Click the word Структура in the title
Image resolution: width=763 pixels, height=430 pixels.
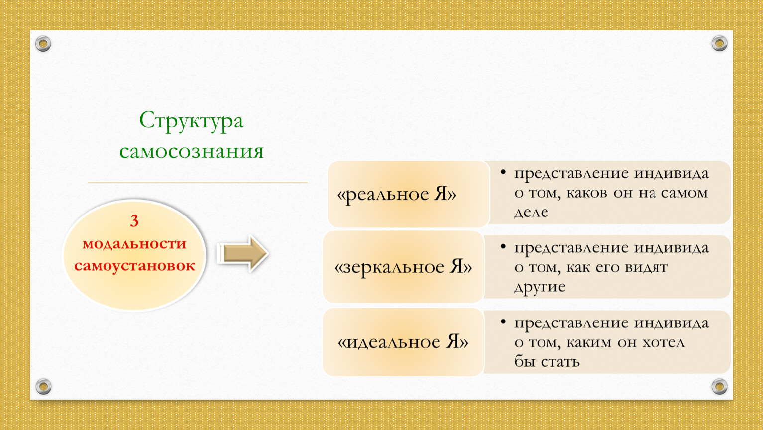191,121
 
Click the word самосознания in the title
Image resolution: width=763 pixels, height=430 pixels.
192,151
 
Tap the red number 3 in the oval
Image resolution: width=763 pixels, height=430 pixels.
134,221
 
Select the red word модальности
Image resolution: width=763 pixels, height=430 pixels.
134,244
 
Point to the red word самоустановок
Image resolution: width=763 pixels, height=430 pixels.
134,266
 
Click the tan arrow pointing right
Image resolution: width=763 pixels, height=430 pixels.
242,254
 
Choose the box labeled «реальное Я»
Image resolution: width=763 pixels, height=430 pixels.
409,194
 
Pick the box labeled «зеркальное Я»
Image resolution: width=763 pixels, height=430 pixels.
403,267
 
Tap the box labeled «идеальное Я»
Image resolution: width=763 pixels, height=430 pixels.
403,342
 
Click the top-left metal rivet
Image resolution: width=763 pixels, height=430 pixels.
43,44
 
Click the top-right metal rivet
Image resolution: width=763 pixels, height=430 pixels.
719,43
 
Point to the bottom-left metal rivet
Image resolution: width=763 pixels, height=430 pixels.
44,386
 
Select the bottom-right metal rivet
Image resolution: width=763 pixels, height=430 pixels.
719,386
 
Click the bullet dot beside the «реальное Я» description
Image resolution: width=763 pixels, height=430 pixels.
503,172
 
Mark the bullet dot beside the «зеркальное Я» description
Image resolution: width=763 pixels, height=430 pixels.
503,246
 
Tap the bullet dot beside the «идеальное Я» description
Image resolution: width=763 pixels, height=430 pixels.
503,322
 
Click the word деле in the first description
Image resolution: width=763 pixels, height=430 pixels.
531,213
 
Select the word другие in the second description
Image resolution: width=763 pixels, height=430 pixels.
540,287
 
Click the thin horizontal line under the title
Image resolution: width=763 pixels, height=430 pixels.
198,183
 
